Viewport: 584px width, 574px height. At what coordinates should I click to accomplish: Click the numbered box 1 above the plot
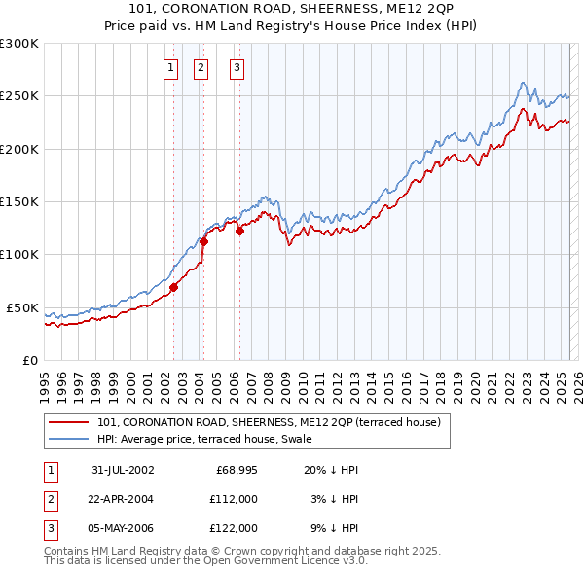(170, 68)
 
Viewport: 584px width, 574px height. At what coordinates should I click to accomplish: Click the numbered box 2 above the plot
(201, 68)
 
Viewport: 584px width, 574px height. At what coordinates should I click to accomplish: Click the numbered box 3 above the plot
(237, 68)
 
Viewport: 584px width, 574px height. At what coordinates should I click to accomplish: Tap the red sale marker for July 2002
(174, 287)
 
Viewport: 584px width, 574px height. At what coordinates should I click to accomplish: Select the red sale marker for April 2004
(204, 241)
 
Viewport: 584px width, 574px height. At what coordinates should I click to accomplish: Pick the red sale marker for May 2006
(239, 231)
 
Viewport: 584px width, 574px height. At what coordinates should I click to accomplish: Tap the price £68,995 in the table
(235, 470)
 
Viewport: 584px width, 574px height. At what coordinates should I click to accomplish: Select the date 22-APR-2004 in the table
(123, 499)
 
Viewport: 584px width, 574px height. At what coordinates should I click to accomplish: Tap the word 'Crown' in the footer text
(248, 551)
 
